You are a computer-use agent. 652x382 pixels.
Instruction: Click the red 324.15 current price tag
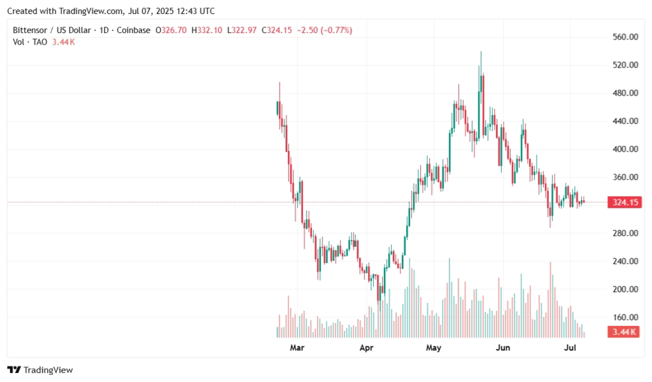point(625,202)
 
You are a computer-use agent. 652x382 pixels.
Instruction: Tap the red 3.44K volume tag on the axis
point(625,332)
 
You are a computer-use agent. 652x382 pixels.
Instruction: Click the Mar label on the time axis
point(297,348)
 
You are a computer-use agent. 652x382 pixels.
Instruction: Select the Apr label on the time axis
point(365,348)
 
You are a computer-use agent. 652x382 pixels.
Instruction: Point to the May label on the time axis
point(434,348)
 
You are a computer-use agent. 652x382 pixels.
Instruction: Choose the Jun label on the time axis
point(503,348)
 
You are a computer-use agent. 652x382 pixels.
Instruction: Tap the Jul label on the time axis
point(570,348)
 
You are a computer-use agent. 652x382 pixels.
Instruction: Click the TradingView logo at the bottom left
point(40,370)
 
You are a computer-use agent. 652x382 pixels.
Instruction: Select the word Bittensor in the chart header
point(32,30)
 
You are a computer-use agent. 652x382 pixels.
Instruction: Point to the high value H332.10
point(206,30)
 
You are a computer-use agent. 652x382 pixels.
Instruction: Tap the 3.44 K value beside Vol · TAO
point(63,42)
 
